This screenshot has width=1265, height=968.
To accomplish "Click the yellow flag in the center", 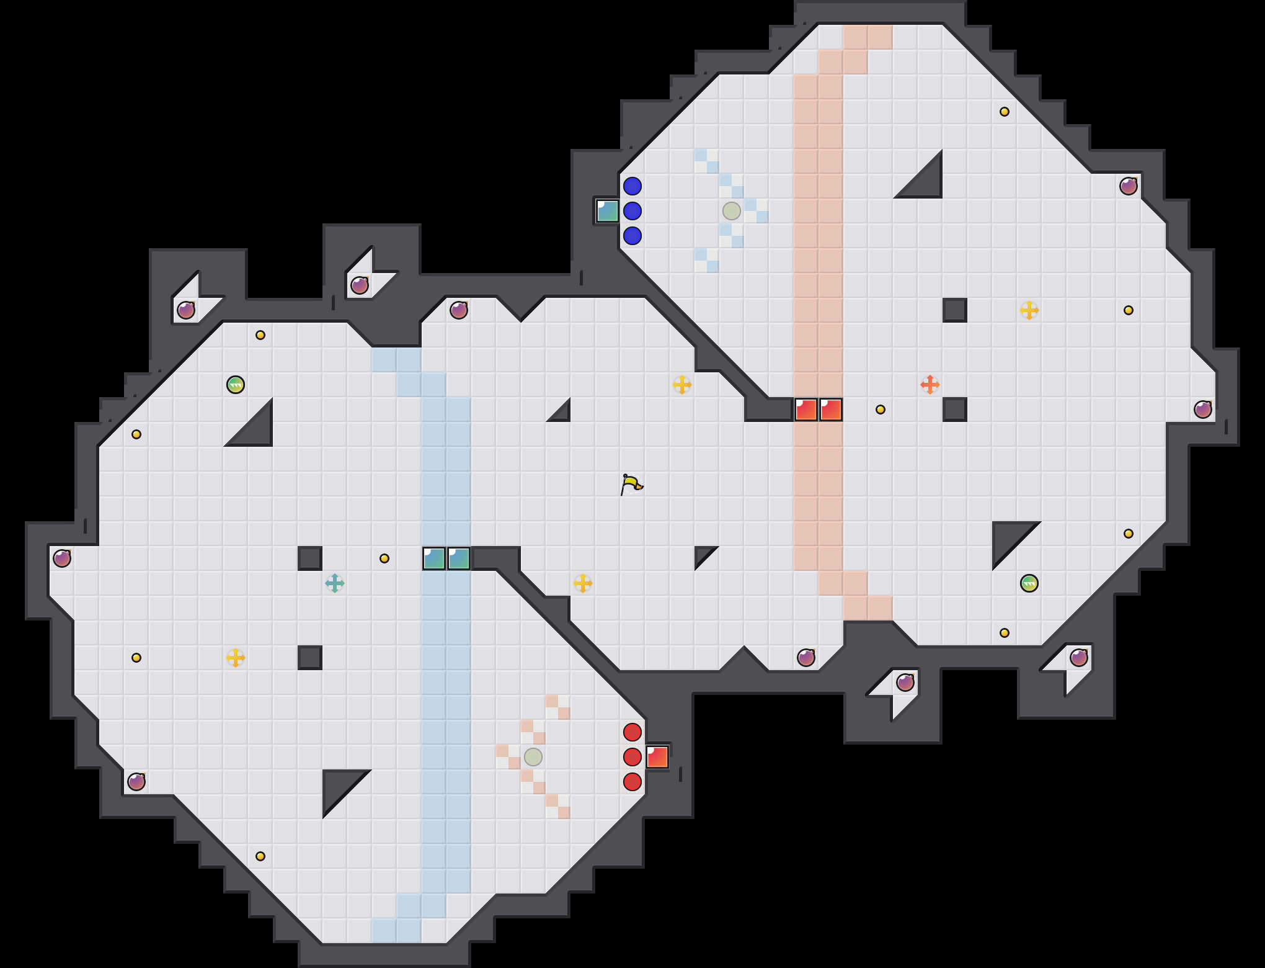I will click(x=631, y=484).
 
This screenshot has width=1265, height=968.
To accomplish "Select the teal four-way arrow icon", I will click(x=335, y=583).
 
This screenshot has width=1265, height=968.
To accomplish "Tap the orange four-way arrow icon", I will click(x=930, y=385).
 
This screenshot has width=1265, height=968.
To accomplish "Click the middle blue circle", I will click(x=632, y=211).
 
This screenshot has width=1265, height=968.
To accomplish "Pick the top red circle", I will click(x=632, y=732).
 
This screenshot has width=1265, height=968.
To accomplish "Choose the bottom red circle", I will click(x=632, y=782).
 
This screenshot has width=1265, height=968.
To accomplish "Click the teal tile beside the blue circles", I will click(x=608, y=211).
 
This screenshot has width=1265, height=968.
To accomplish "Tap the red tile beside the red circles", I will click(x=657, y=757).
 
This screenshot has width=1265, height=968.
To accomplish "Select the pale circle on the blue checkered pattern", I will click(x=732, y=211).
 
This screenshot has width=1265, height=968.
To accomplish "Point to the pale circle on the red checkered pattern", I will click(x=533, y=757).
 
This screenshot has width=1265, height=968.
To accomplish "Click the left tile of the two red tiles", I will click(x=806, y=410).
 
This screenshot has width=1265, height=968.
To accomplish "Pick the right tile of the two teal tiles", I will click(x=459, y=558).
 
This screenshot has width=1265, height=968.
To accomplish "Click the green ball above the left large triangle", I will click(x=236, y=385).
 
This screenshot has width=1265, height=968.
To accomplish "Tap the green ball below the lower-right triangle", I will click(x=1029, y=583).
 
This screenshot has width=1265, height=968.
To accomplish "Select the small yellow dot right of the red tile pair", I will click(x=881, y=410).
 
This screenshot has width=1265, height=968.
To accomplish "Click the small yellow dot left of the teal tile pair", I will click(x=384, y=558).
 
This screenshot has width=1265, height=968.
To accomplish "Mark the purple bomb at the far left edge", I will click(x=62, y=558).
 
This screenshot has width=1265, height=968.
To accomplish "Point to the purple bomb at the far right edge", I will click(x=1203, y=410).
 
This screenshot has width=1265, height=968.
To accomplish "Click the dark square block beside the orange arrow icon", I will click(x=955, y=410).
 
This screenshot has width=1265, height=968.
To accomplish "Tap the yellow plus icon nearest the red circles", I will click(x=583, y=583).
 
